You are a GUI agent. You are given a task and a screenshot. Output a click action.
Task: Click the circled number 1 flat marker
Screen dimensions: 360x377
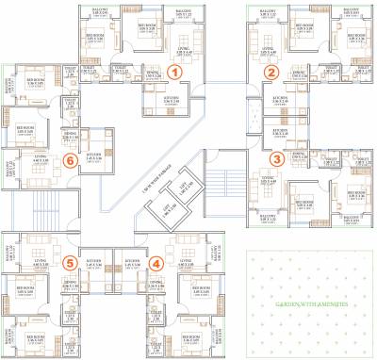point(188,69)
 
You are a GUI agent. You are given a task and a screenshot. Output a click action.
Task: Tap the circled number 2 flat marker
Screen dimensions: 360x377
point(272,72)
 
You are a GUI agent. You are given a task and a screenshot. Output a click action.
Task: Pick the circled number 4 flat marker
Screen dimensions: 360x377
point(156,263)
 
